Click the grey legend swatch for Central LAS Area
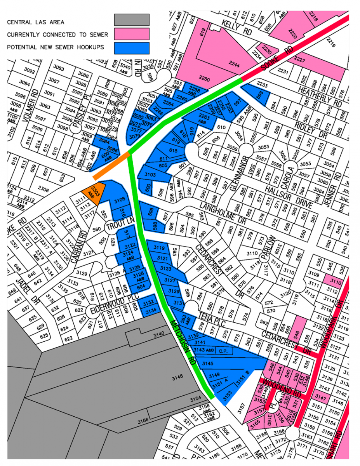click(132, 20)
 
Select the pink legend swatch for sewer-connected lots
click(132, 34)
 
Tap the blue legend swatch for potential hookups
click(132, 47)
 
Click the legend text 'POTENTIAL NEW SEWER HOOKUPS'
click(55, 47)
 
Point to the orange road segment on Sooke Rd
click(112, 165)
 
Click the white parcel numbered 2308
click(43, 190)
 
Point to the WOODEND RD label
click(282, 386)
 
